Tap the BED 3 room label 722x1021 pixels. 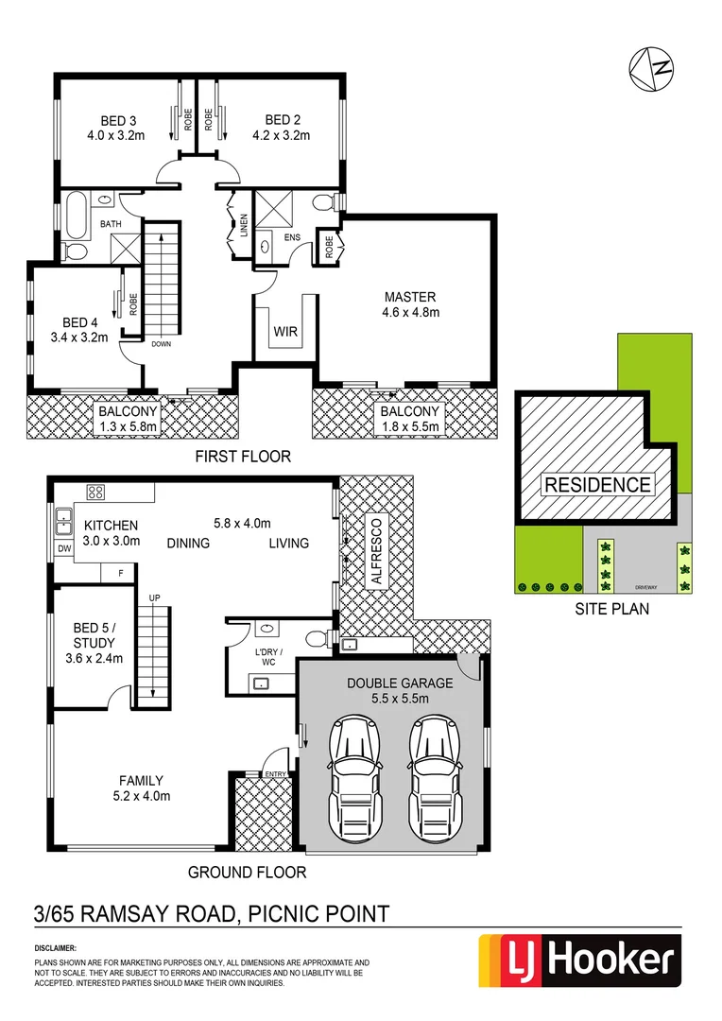point(119,120)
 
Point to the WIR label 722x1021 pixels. point(286,332)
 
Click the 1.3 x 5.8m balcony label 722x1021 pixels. point(128,427)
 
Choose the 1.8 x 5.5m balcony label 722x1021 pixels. point(409,427)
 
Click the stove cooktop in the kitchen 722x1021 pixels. point(95,491)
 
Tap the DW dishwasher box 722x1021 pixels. point(64,548)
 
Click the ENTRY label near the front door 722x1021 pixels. point(275,774)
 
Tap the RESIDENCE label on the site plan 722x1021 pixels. point(597,485)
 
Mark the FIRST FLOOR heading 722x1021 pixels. point(242,457)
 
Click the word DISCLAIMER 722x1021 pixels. point(56,947)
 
